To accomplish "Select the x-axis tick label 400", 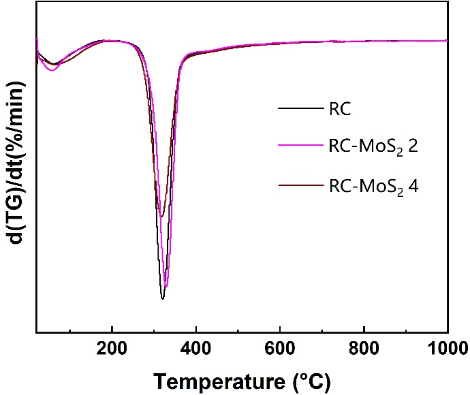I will tap(196, 347).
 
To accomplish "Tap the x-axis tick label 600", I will tap(280, 347).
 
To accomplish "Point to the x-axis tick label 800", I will tap(364, 347).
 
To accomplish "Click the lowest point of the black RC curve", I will tap(163, 298).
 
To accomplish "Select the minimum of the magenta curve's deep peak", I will tap(166, 286).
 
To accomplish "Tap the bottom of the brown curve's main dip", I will tap(161, 217).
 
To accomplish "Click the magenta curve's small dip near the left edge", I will tap(52, 70).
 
